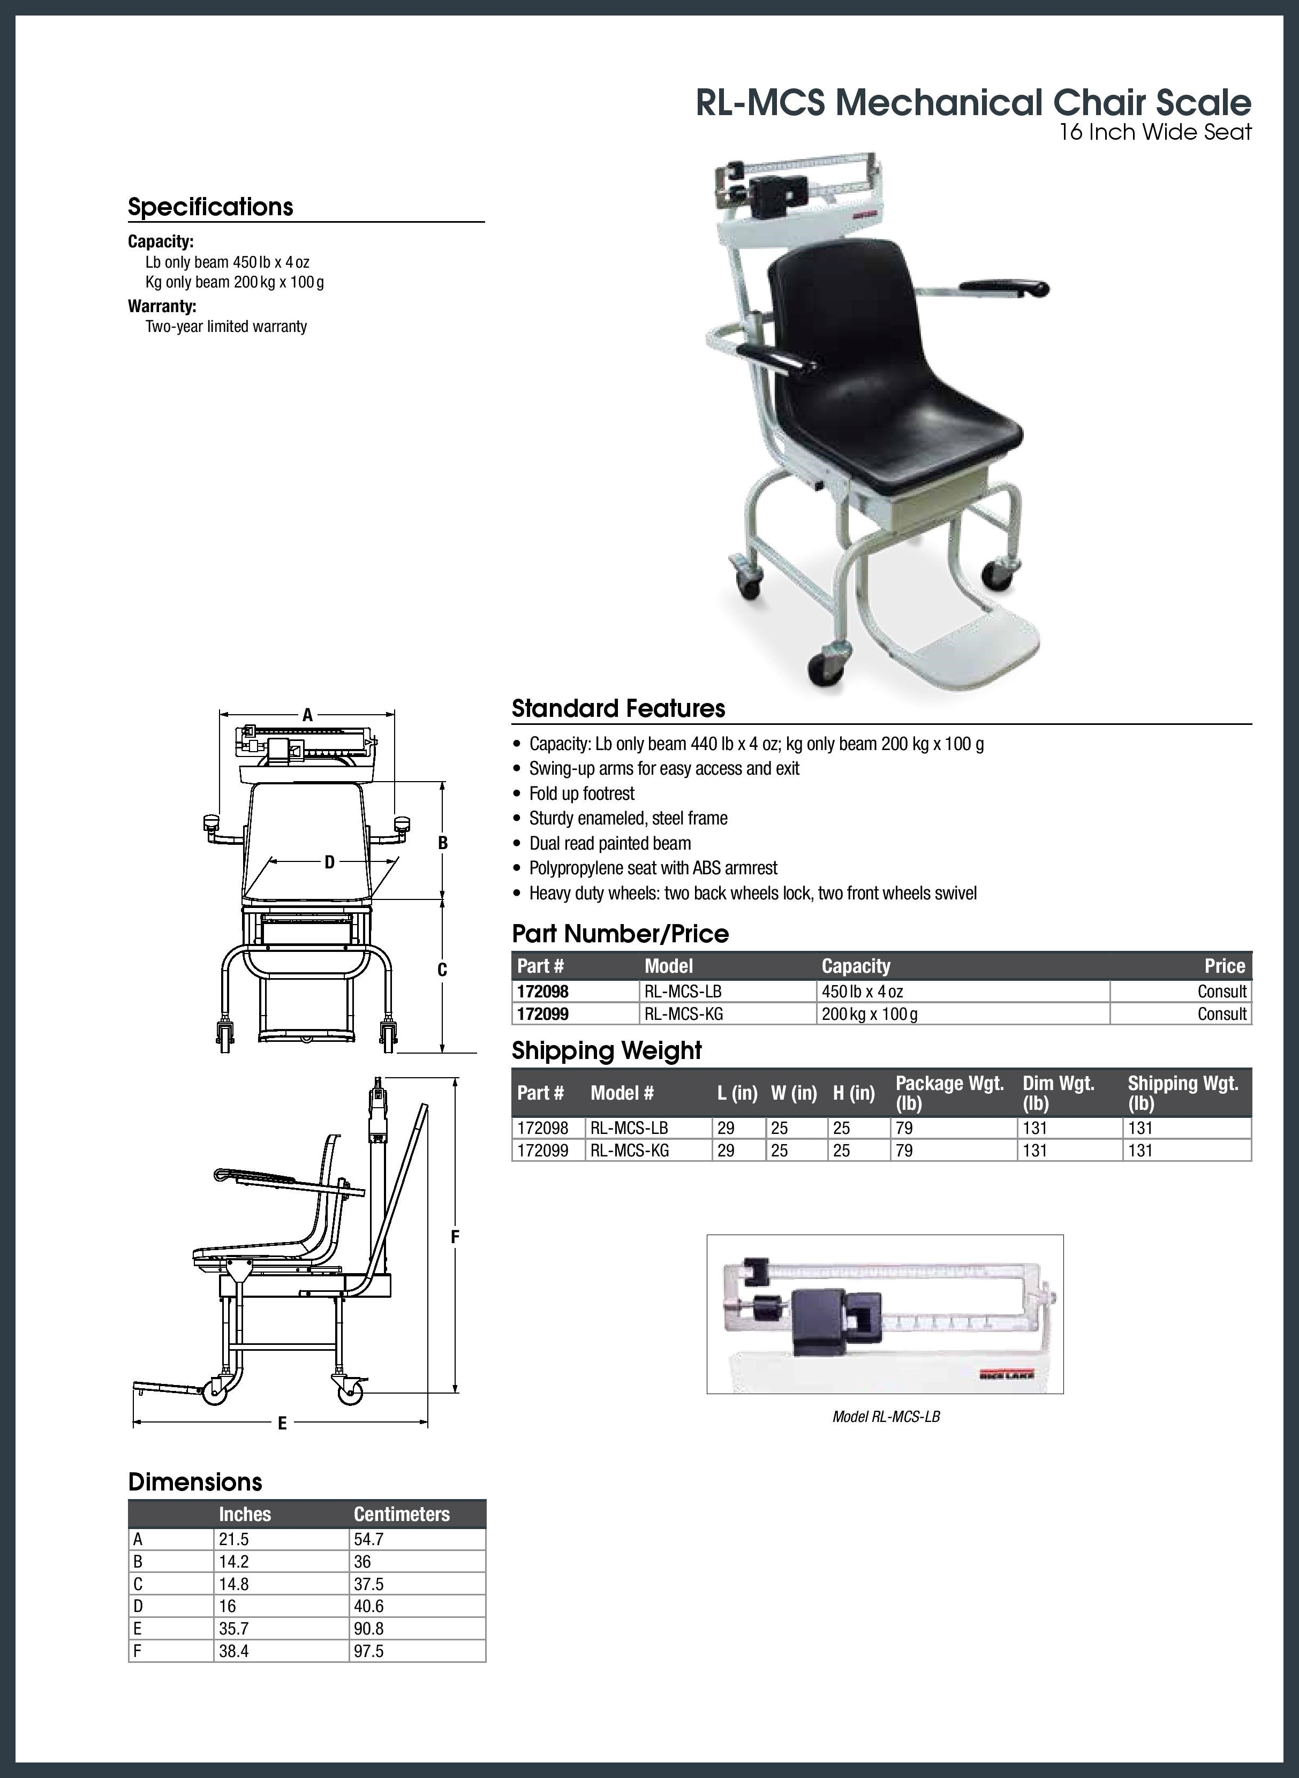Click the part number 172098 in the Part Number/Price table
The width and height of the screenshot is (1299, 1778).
542,991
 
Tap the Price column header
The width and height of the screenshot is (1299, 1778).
1224,966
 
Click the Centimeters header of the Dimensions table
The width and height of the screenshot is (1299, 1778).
401,1514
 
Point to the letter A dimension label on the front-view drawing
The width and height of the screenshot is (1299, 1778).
307,715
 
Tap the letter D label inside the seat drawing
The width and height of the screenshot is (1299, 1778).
329,862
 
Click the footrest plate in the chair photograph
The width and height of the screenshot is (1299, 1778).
975,647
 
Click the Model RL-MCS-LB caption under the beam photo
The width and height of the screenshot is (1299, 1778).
886,1417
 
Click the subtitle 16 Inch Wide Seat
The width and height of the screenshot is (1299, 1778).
1154,132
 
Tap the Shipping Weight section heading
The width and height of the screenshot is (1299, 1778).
606,1050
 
